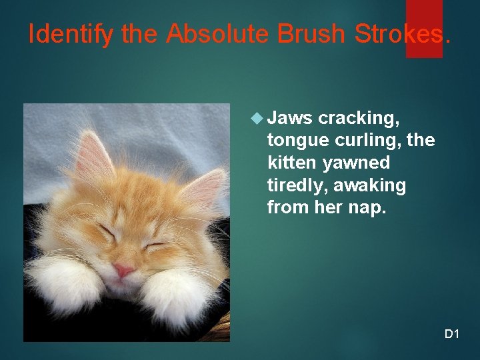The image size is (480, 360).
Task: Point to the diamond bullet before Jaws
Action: tap(257, 119)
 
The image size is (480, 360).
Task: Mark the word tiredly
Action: tap(294, 185)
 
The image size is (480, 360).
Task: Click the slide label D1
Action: tap(452, 333)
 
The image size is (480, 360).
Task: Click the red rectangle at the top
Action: tap(424, 28)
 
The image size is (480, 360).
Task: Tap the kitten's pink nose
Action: tap(122, 270)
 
